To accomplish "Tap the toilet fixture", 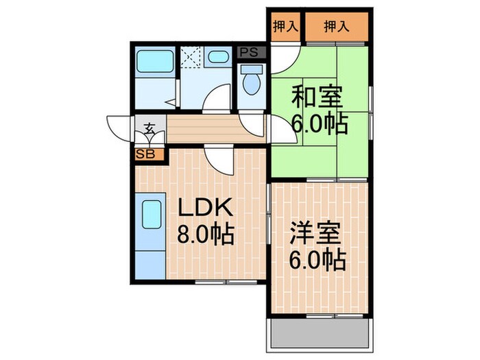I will (x=251, y=82).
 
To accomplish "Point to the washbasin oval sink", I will (x=219, y=59).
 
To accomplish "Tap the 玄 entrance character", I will (x=149, y=128).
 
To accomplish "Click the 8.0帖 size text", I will (x=206, y=235).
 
